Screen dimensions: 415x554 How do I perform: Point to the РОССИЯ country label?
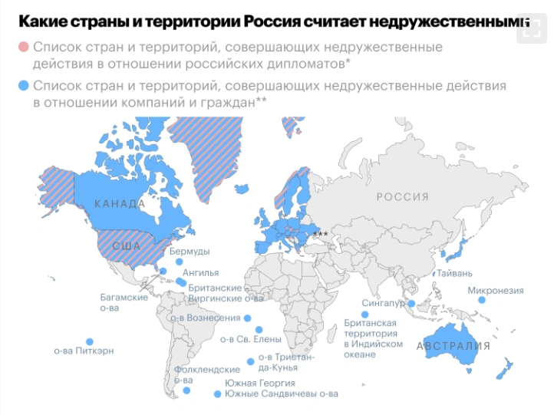click(x=403, y=197)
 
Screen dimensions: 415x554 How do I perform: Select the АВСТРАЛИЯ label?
click(x=453, y=346)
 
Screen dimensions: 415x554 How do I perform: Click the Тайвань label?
click(x=455, y=273)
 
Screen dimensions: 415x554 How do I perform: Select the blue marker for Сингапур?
click(x=411, y=304)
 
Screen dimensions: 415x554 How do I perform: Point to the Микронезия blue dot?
click(x=482, y=301)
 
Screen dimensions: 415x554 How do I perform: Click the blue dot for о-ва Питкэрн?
click(x=90, y=341)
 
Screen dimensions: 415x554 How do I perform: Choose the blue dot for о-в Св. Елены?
click(x=259, y=330)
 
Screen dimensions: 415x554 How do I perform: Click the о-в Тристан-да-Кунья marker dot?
click(x=250, y=361)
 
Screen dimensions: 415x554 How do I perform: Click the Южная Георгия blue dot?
click(x=217, y=394)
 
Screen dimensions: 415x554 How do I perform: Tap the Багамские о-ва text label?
click(x=124, y=302)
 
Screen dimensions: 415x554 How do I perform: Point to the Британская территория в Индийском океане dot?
click(x=365, y=314)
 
